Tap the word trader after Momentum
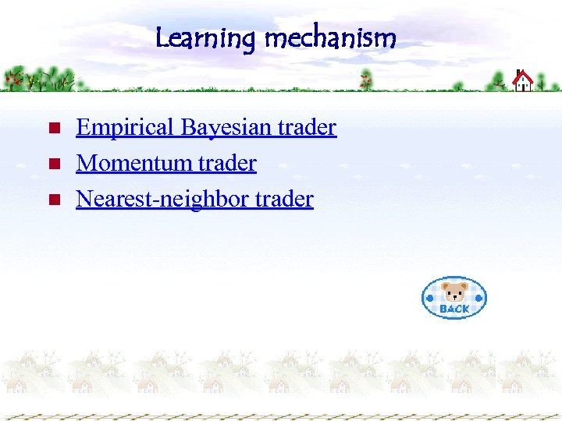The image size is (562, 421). click(x=226, y=163)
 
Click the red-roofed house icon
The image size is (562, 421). click(x=522, y=80)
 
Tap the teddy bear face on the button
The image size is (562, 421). click(x=454, y=293)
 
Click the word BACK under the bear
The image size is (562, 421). click(x=454, y=309)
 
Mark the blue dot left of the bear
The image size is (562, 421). click(x=430, y=298)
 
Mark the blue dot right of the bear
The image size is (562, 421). click(x=478, y=298)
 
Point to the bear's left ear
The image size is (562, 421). click(x=446, y=286)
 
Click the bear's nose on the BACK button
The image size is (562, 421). click(x=454, y=296)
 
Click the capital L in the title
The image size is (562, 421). click(x=162, y=37)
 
